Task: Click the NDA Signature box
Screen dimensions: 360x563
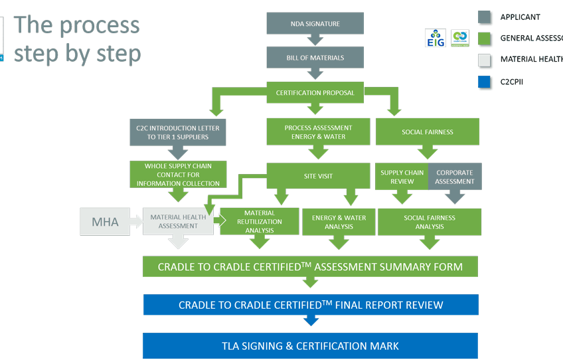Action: (315, 24)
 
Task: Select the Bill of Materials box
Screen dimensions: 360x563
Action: (315, 58)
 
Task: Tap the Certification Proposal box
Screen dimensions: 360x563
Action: (315, 92)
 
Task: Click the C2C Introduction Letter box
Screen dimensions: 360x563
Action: (177, 132)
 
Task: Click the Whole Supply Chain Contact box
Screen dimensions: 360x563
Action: (177, 174)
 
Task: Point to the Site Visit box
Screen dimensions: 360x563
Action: (318, 176)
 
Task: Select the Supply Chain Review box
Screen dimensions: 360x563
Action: (402, 177)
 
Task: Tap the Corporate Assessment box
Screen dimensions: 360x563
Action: (455, 177)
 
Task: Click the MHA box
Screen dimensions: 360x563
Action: (105, 222)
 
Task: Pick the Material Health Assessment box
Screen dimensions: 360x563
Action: (177, 221)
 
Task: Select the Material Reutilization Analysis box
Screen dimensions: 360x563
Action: (259, 221)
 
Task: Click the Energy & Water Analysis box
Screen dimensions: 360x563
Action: (339, 221)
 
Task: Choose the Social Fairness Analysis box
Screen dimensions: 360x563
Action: (429, 221)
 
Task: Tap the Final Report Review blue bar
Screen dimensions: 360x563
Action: (310, 305)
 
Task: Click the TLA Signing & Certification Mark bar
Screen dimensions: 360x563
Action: (310, 345)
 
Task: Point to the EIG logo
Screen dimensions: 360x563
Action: (435, 39)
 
